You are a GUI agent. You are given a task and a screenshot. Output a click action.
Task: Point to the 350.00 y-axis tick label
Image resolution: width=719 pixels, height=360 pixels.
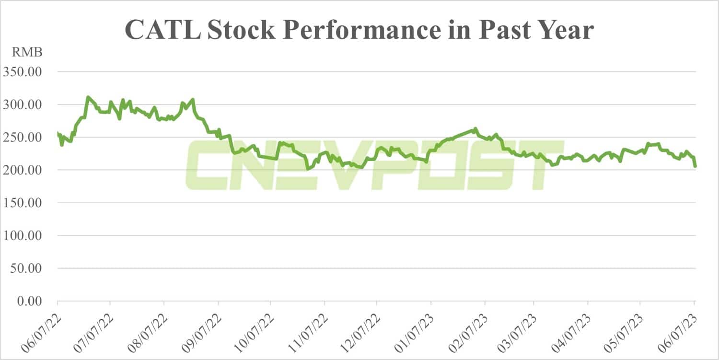(23, 72)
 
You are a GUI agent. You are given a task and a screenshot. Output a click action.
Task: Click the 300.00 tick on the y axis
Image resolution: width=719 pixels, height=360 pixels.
(23, 105)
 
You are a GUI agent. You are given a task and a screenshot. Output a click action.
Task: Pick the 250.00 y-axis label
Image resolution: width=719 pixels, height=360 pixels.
(23, 137)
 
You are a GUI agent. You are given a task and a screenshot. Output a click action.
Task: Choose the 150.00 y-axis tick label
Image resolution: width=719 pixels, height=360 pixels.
(23, 203)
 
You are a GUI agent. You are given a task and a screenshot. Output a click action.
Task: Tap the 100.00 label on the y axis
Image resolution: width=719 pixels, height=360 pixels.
(23, 236)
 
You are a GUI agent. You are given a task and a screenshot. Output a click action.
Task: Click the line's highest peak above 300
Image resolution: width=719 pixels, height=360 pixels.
(88, 97)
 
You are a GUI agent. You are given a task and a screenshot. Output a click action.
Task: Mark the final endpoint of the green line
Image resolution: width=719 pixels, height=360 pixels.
(696, 166)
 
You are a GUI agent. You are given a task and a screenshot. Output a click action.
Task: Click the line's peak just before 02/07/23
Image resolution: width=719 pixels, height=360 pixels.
(475, 128)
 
